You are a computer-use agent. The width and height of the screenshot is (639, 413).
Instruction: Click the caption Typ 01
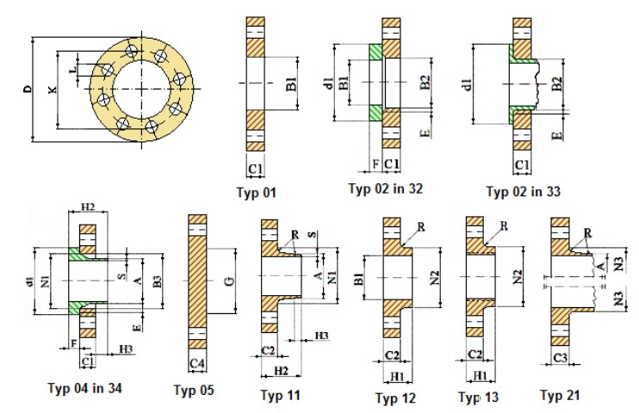(257, 192)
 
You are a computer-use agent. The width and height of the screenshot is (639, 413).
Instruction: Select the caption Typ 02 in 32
(386, 188)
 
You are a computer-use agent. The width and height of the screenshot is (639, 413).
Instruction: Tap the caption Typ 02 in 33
(524, 191)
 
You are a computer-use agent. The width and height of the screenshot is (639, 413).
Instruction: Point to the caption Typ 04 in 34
(84, 388)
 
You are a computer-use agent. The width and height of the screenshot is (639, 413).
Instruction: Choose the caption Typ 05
(194, 390)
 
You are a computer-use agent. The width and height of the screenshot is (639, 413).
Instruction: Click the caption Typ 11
(280, 395)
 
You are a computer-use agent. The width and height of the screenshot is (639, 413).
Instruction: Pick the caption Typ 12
(395, 398)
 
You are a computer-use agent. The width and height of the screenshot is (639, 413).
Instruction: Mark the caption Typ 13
(478, 397)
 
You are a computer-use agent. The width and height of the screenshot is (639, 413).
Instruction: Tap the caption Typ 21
(560, 394)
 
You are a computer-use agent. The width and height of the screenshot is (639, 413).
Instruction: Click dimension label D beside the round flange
(28, 89)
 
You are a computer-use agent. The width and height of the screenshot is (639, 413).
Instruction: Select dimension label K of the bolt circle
(53, 89)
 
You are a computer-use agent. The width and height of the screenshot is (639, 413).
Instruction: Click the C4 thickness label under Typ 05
(197, 363)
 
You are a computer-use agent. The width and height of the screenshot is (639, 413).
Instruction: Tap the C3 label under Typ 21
(560, 358)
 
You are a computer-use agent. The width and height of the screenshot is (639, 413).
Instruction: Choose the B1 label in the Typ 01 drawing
(291, 83)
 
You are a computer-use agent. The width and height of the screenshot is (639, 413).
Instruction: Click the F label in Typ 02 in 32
(375, 163)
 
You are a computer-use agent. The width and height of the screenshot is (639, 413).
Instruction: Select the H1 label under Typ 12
(397, 376)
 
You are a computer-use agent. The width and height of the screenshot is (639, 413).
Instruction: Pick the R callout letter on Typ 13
(504, 225)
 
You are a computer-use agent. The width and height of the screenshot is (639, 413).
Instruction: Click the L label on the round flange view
(73, 70)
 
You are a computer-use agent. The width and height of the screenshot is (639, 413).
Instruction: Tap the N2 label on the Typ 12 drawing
(435, 278)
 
